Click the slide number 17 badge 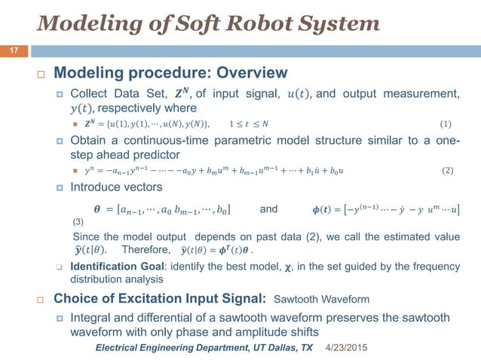[x=14, y=51]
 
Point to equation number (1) [x=446, y=123]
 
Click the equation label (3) [x=78, y=222]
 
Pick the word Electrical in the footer [x=121, y=349]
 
